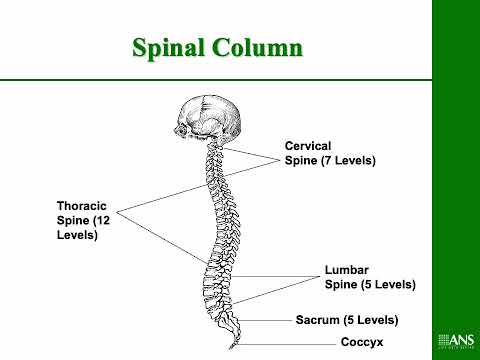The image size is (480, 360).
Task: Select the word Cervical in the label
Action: pyautogui.click(x=308, y=145)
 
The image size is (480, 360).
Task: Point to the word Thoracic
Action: pyautogui.click(x=81, y=206)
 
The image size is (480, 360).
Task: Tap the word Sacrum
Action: pyautogui.click(x=318, y=320)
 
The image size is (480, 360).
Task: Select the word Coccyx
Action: pyautogui.click(x=361, y=342)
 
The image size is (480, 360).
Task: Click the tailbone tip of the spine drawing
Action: pyautogui.click(x=235, y=345)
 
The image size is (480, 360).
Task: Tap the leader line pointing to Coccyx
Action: pyautogui.click(x=290, y=342)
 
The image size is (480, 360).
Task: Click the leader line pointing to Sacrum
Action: pyautogui.click(x=265, y=320)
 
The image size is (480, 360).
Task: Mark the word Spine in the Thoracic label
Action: pyautogui.click(x=74, y=220)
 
